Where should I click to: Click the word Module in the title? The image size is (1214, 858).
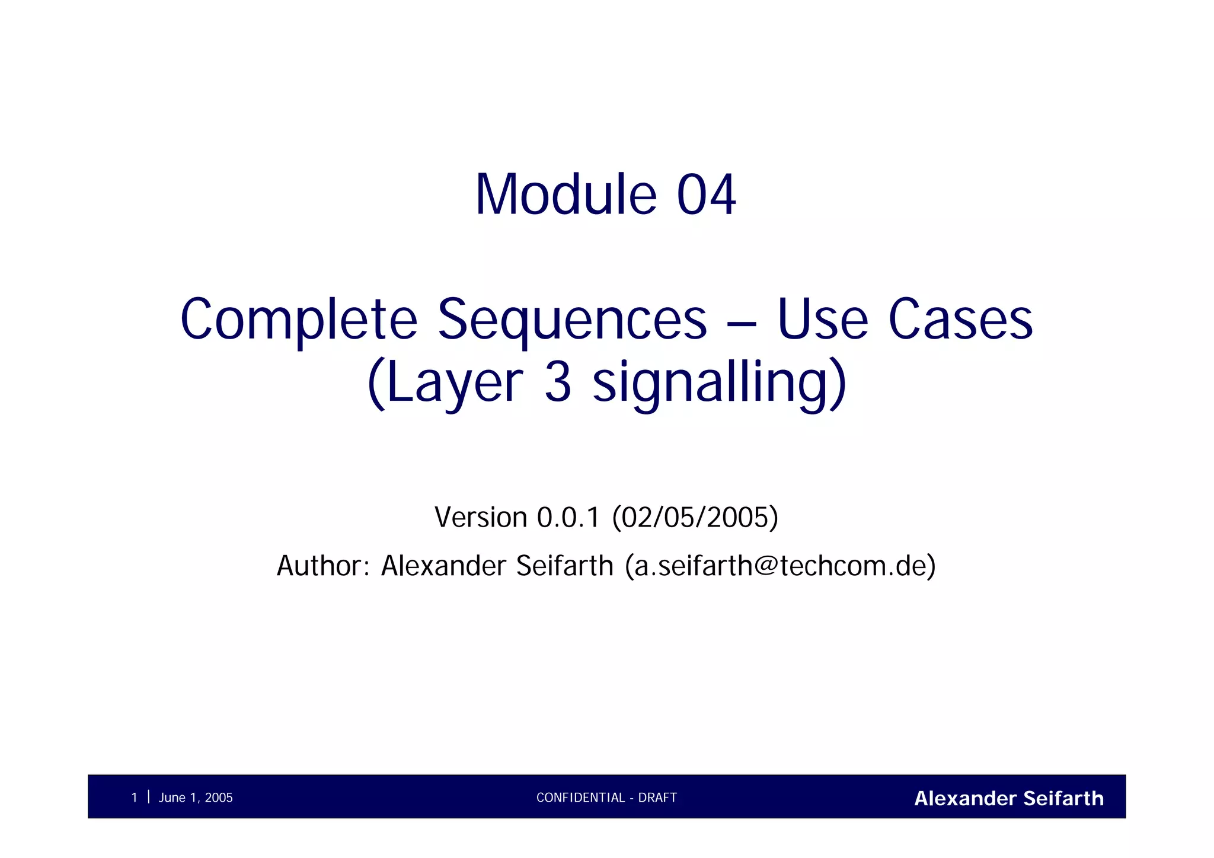[566, 195]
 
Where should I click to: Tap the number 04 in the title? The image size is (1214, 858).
[706, 195]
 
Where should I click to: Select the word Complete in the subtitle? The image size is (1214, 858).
[299, 320]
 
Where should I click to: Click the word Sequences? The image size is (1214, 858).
[572, 320]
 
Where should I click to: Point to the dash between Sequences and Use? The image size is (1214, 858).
[742, 324]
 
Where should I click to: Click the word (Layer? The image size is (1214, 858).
[445, 382]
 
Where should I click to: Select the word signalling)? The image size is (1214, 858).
[720, 382]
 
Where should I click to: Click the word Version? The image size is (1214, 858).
[481, 517]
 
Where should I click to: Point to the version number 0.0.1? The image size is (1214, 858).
[568, 517]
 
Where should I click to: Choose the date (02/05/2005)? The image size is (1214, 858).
[695, 517]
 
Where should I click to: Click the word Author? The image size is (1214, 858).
[323, 566]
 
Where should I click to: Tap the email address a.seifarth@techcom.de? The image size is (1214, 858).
[780, 566]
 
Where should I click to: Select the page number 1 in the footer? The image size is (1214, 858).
[134, 798]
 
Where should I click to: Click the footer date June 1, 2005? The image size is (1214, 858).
[196, 798]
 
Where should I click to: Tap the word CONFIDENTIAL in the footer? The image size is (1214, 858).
[580, 798]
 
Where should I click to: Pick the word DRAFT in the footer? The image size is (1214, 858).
[657, 798]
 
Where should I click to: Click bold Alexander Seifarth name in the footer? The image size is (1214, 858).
[1008, 798]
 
